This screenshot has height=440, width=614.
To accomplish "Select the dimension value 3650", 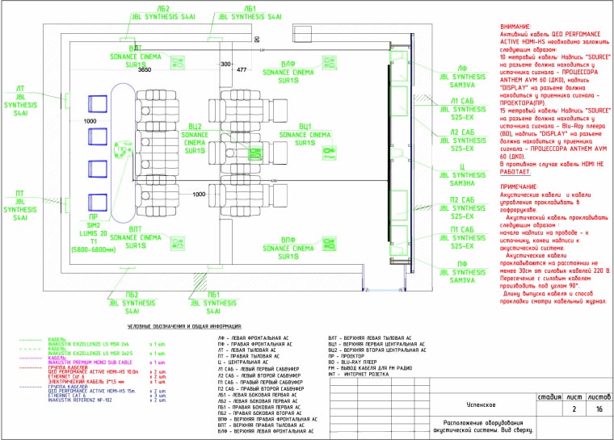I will coord(145,70).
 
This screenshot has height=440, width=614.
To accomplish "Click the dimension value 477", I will coord(241,70).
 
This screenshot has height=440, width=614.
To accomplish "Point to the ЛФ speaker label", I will coord(464,68).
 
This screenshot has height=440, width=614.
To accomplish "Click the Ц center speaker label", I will coord(463,166).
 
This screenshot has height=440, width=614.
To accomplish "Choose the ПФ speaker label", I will coord(463,264).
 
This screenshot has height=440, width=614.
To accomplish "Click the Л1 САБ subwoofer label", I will coord(463,103).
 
